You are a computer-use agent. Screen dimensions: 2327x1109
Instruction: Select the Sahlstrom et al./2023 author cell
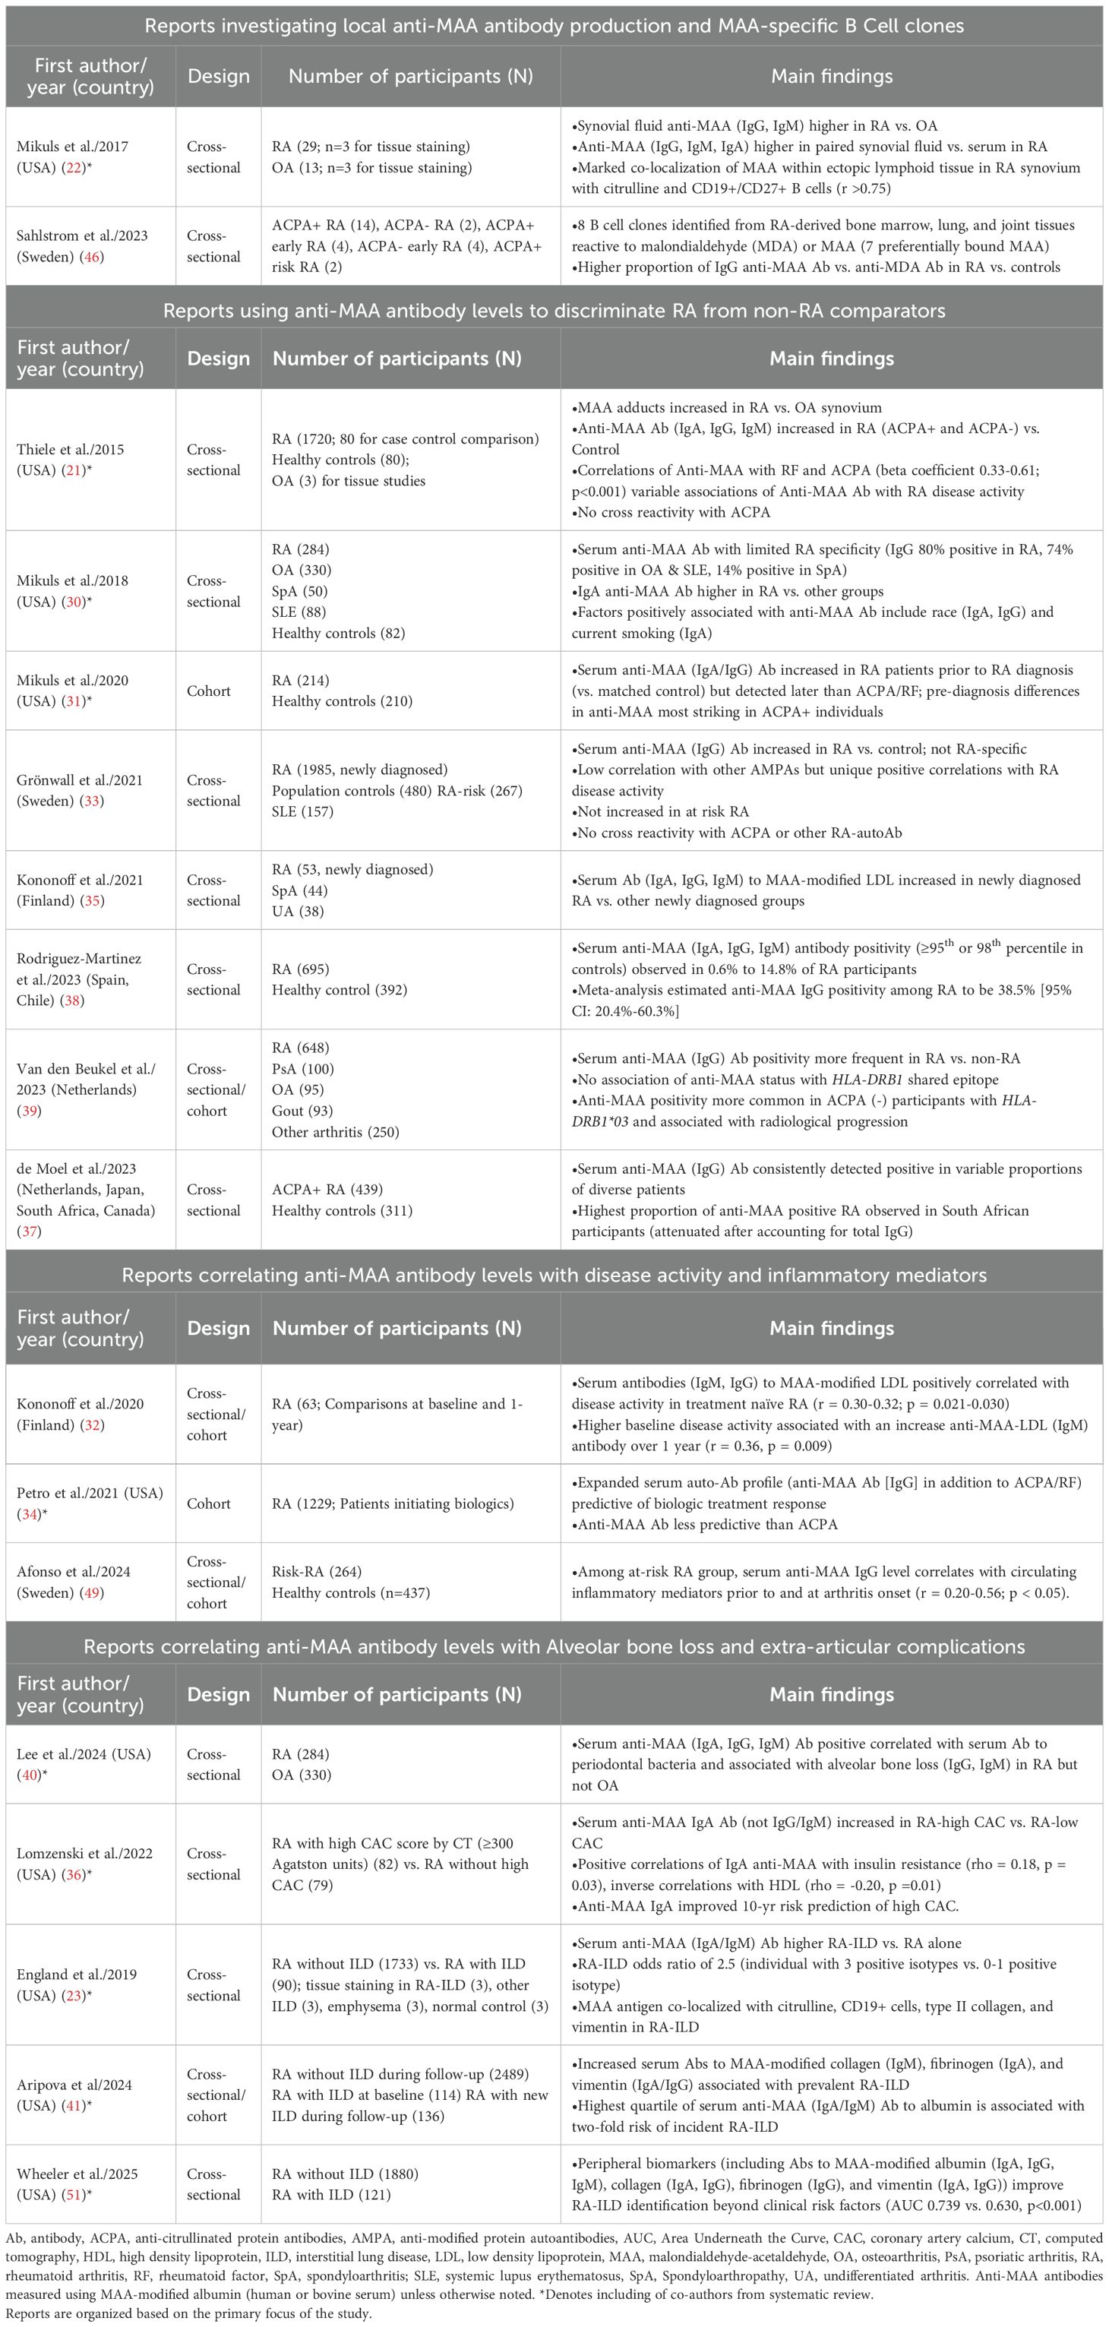tap(81, 245)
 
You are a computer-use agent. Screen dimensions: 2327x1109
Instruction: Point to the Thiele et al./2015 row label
tap(71, 460)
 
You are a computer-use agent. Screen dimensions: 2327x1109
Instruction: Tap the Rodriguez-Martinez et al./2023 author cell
tap(78, 979)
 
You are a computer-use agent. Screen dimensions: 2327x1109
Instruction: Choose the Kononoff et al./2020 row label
tap(80, 1414)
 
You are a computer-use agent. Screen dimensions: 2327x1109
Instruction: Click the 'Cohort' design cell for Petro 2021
tap(209, 1503)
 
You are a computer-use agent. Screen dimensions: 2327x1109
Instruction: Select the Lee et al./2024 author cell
tap(83, 1764)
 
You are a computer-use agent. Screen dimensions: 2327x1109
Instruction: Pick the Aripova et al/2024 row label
tap(74, 2095)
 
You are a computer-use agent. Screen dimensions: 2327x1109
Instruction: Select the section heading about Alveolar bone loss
tap(554, 1646)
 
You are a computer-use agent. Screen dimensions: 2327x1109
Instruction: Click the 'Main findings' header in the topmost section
tap(832, 77)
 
